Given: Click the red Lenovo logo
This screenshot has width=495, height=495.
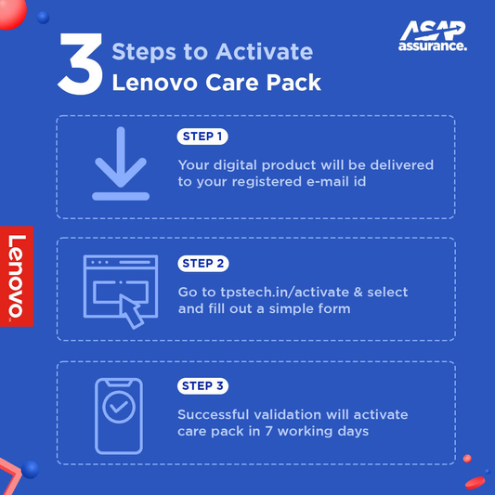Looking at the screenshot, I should click(16, 276).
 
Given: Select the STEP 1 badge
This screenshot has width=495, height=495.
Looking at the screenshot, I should click(202, 137).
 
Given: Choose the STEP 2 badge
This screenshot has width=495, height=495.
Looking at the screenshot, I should click(202, 263).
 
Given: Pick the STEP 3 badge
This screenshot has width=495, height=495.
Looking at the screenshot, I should click(202, 385).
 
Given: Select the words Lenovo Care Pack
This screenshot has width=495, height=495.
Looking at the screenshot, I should click(215, 83).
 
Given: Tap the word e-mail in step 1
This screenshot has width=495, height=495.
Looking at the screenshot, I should click(322, 182).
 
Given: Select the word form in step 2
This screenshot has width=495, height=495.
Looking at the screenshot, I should click(332, 308).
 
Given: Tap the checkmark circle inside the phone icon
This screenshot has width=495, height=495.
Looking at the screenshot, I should click(118, 408).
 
